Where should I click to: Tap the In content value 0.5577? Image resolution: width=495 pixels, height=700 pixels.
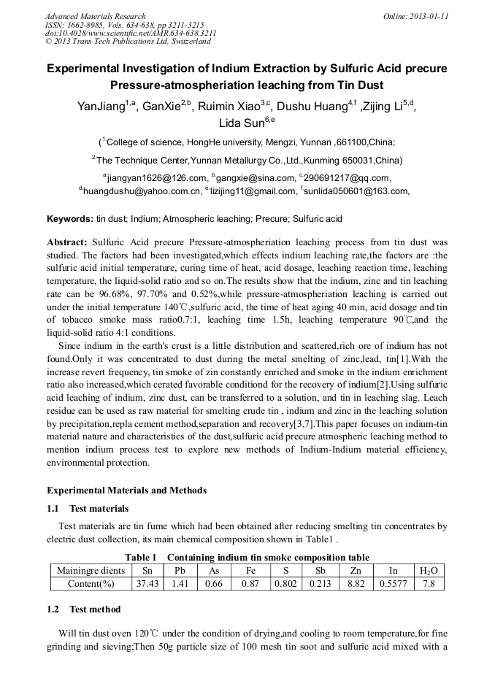[x=394, y=583]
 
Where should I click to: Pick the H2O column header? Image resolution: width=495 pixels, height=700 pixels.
[x=429, y=571]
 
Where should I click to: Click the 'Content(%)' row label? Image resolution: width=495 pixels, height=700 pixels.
[x=91, y=583]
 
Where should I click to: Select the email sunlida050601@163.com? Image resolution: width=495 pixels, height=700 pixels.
[x=356, y=191]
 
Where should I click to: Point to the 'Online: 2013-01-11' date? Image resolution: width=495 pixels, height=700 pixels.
[x=416, y=16]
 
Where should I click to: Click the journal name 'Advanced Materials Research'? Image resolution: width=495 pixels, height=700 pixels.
[x=95, y=16]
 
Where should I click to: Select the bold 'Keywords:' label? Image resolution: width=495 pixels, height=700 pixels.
[x=70, y=218]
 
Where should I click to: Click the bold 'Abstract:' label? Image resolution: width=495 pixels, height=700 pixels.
[x=67, y=242]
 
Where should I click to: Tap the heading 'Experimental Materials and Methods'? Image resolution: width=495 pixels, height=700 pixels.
[x=126, y=490]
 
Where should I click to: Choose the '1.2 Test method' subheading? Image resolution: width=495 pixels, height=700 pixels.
[x=83, y=609]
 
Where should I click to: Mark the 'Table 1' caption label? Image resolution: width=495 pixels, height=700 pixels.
[x=141, y=557]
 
